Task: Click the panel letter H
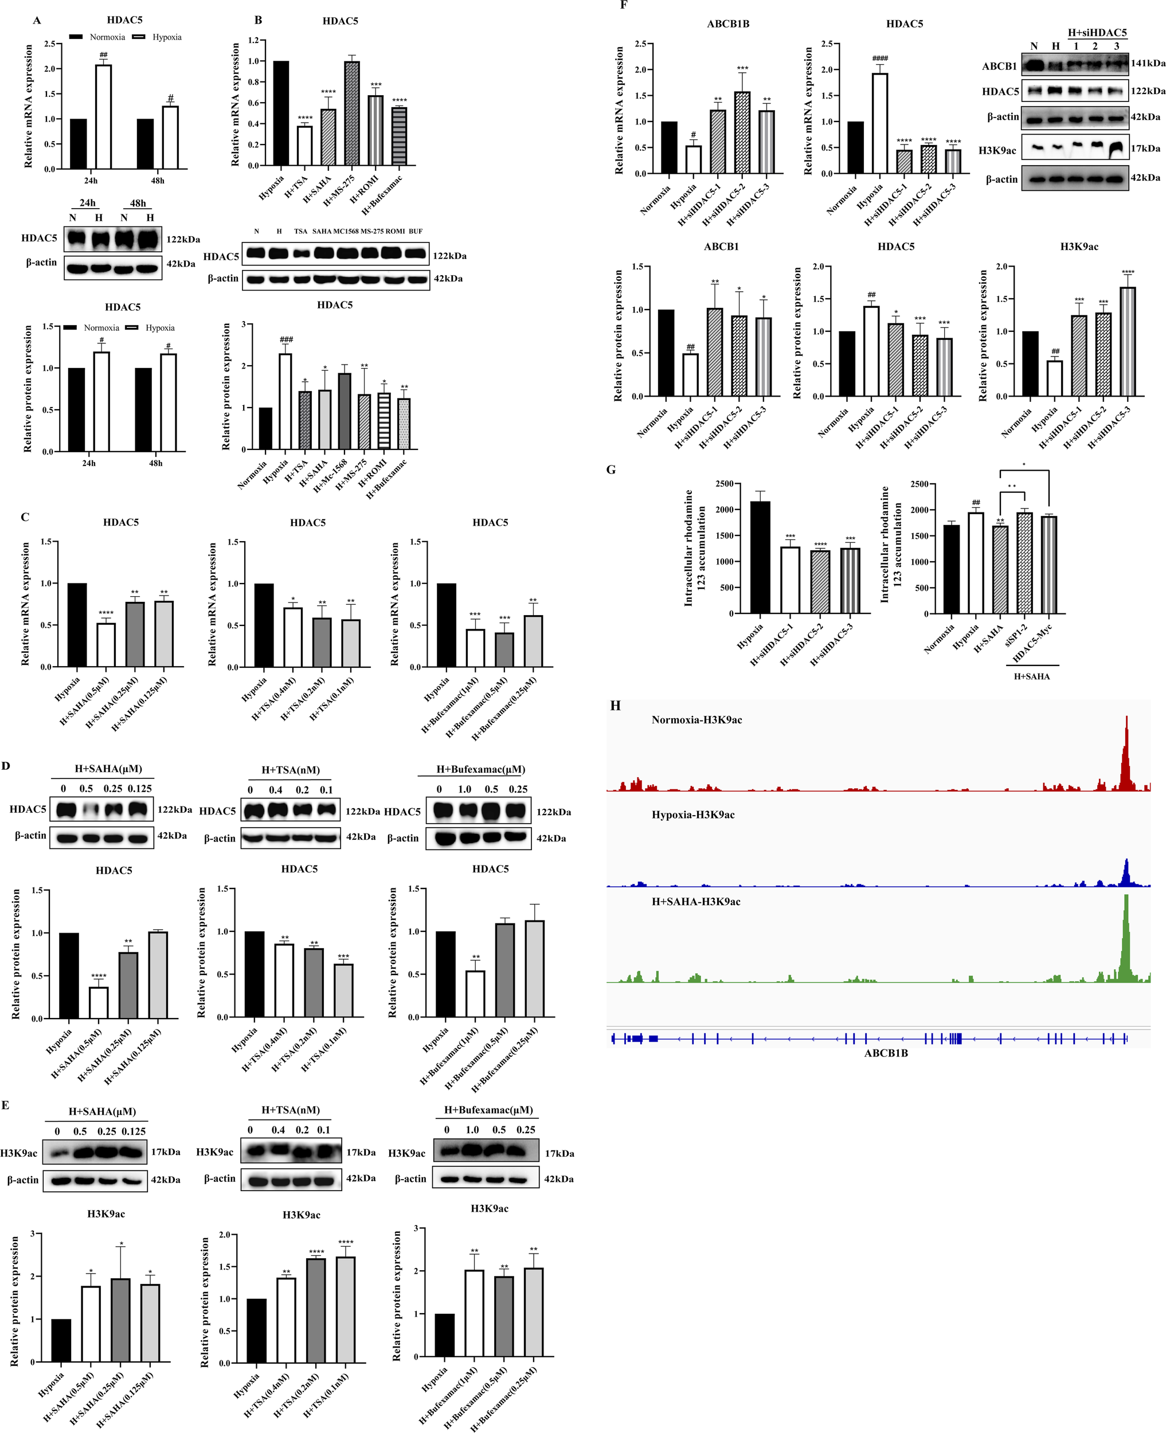click(x=615, y=706)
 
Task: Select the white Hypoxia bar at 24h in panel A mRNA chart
click(x=103, y=118)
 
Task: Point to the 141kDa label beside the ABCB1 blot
click(x=1147, y=63)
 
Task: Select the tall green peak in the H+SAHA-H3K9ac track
click(x=1126, y=940)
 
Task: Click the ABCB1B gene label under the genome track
click(x=885, y=1053)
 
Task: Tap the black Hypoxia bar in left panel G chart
click(x=760, y=557)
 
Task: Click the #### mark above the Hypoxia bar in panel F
click(x=880, y=58)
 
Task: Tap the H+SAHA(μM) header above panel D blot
click(x=108, y=769)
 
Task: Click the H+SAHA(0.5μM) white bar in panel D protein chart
click(x=99, y=1003)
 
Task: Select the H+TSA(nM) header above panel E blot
click(x=290, y=1110)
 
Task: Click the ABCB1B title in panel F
click(x=727, y=24)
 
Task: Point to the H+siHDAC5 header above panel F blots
click(x=1097, y=32)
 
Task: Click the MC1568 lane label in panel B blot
click(x=346, y=231)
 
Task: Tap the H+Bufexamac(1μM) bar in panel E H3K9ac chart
click(x=474, y=1313)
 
